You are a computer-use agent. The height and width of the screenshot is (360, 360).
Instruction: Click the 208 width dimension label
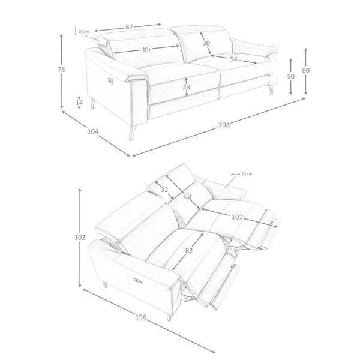[224, 125]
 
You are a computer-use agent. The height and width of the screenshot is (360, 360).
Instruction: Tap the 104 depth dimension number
[93, 131]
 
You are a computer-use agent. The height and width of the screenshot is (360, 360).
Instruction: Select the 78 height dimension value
[61, 70]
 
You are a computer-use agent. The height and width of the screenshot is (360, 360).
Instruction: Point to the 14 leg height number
[79, 103]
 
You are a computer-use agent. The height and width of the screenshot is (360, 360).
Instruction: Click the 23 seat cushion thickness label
[187, 87]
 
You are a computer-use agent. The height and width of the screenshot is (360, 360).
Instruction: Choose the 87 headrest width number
[129, 27]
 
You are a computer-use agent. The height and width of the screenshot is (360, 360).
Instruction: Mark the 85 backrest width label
[146, 49]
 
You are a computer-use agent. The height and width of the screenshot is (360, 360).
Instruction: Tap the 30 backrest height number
[206, 43]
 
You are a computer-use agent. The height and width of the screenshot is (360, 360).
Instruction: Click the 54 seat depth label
[233, 59]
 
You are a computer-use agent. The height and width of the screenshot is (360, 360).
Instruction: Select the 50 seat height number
[290, 76]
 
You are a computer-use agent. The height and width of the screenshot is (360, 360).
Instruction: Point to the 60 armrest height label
[305, 71]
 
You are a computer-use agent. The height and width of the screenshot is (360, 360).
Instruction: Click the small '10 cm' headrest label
[83, 31]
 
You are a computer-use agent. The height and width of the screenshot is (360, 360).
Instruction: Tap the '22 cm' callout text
[247, 174]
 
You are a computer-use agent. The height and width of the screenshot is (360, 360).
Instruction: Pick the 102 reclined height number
[80, 238]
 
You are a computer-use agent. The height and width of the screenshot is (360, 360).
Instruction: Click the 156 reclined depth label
[140, 317]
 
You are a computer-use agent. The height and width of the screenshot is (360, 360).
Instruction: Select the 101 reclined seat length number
[237, 217]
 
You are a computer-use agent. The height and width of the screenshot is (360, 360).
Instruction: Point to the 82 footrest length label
[188, 251]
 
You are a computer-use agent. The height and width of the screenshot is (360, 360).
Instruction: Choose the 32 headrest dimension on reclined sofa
[164, 190]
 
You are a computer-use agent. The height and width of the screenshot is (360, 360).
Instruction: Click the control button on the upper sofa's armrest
[110, 80]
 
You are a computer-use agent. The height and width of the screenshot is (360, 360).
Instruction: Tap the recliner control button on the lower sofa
[137, 280]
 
